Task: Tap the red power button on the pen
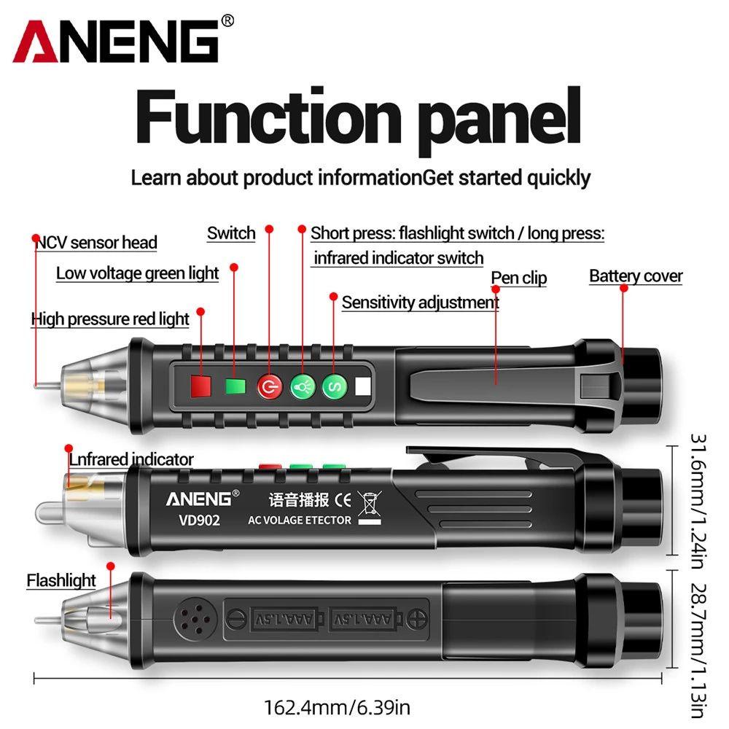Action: [269, 386]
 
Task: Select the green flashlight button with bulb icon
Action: [302, 386]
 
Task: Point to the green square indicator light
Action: [235, 386]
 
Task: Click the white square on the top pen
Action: [363, 386]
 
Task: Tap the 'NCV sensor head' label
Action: [97, 242]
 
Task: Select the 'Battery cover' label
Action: [636, 276]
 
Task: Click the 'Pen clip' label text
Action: [518, 278]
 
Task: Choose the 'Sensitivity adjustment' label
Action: [421, 302]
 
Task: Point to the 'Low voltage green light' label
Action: [138, 273]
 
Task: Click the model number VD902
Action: [193, 521]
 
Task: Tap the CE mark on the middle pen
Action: [343, 501]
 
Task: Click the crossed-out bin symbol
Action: [371, 503]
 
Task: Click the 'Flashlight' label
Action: [61, 580]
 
